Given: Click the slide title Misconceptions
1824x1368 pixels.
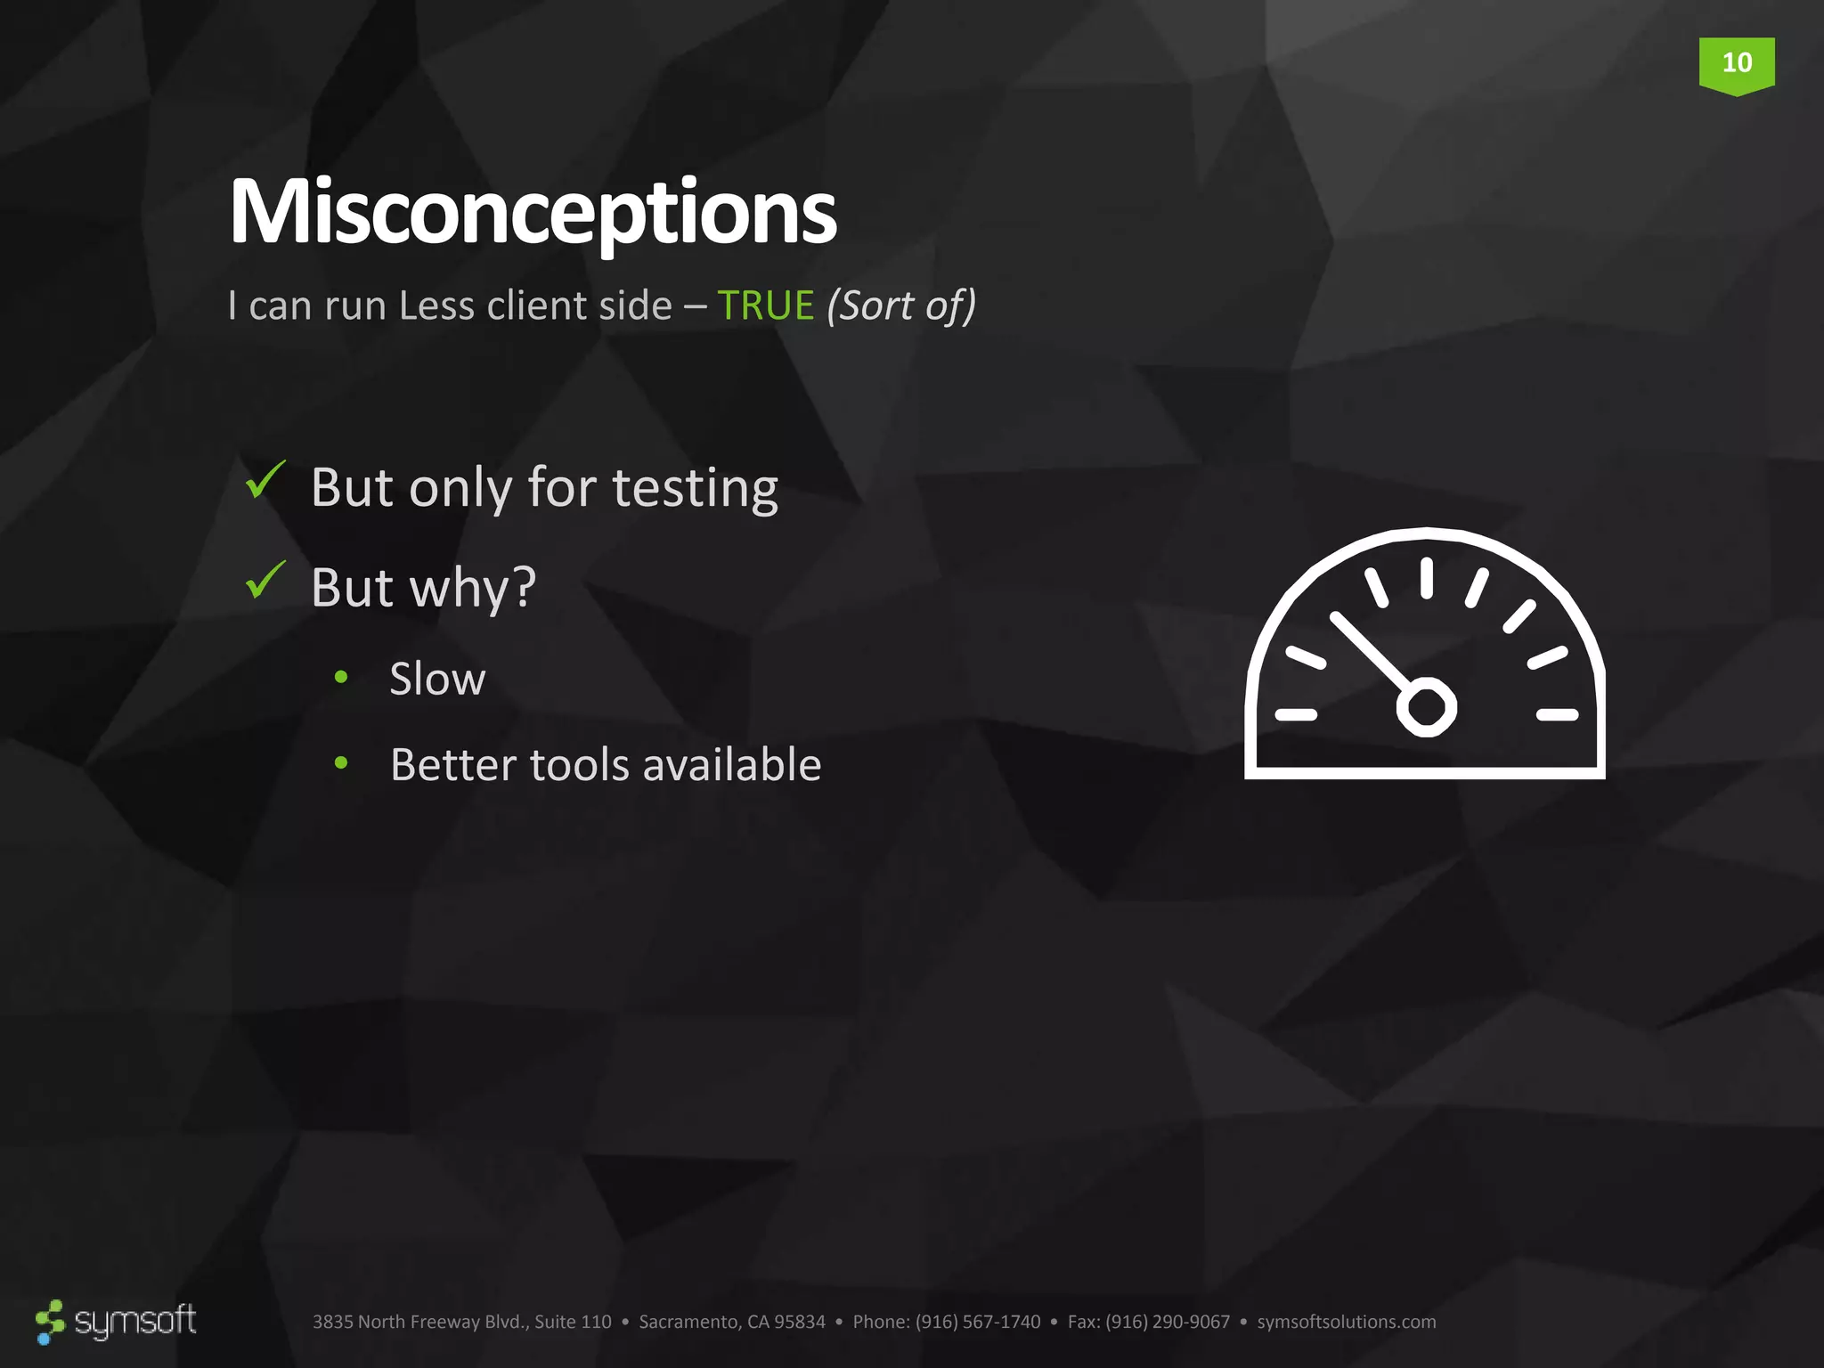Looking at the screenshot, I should (533, 212).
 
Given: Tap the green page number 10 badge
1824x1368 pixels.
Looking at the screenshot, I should (1736, 64).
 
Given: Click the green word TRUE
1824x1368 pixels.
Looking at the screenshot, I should (765, 305).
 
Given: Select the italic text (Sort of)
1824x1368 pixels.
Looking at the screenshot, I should (901, 305).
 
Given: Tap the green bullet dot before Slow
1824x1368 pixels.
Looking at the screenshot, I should (341, 677).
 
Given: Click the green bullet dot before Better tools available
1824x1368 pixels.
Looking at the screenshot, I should (341, 762).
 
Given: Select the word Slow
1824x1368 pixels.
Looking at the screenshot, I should (437, 679).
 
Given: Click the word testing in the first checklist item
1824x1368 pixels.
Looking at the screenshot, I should (695, 488).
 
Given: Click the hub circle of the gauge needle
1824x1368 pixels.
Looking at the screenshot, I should (1426, 708).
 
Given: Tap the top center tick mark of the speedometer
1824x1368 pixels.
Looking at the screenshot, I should (1426, 577).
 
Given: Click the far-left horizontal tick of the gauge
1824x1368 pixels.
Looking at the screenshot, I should (1296, 714).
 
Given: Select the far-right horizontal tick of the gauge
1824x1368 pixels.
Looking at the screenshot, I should (1557, 714).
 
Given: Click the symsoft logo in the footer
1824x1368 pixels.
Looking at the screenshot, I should (117, 1321).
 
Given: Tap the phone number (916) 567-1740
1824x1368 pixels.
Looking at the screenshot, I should (977, 1322).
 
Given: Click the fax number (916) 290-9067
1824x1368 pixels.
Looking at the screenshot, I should (1167, 1322).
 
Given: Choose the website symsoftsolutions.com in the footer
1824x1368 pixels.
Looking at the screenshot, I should (1346, 1322).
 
